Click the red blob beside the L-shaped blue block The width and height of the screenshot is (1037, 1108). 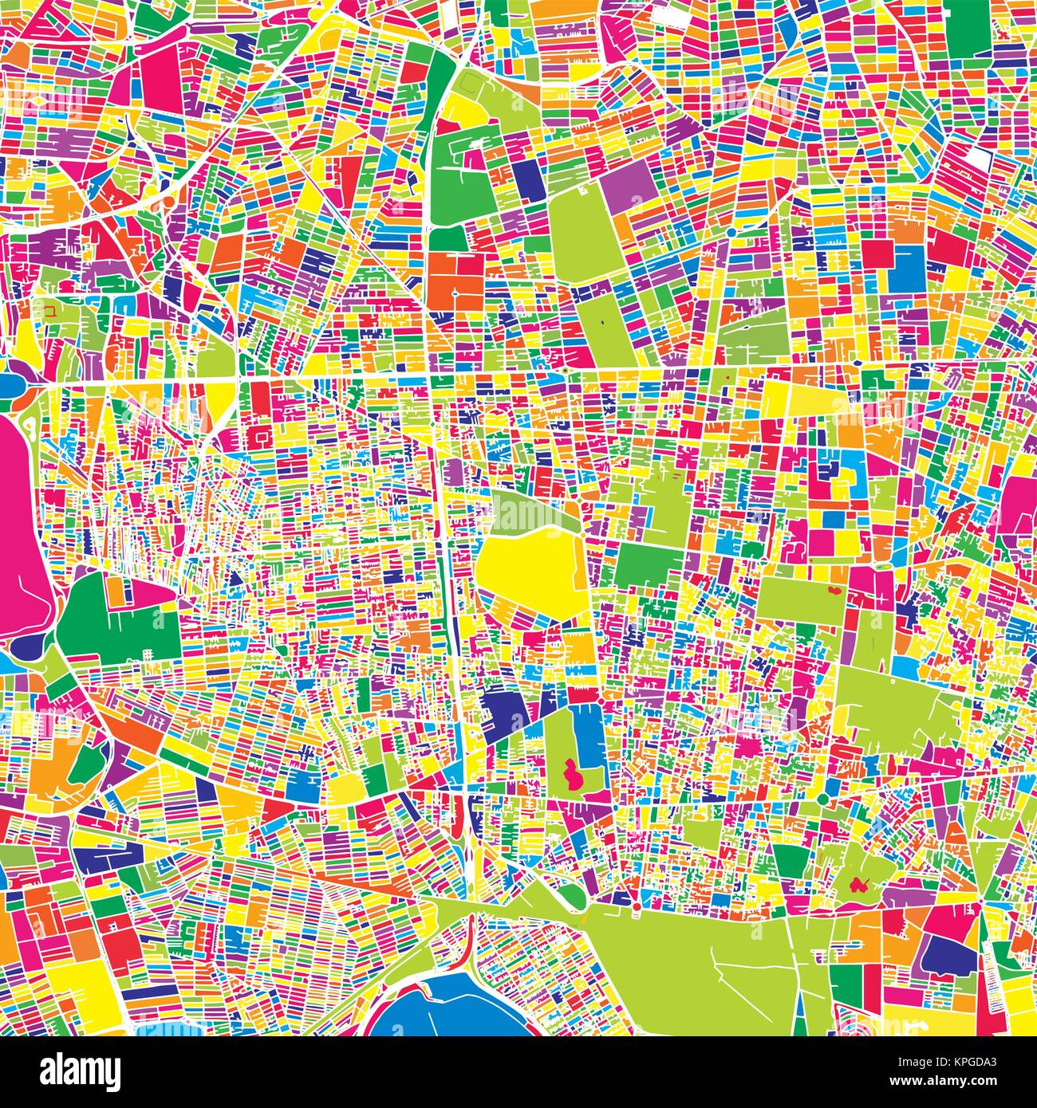(x=571, y=773)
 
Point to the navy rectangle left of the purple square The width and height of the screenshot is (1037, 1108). (x=526, y=175)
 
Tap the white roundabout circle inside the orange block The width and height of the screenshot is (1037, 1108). (x=454, y=294)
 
